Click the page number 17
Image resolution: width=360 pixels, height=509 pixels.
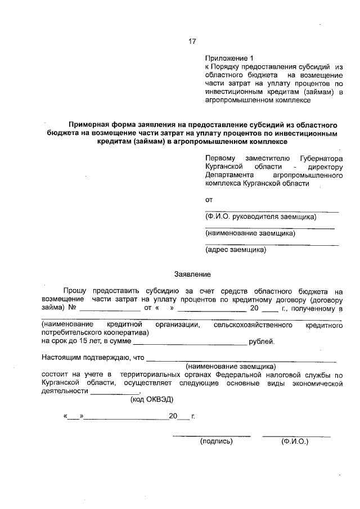[x=192, y=41]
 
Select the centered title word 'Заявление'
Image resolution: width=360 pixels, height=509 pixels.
[x=192, y=274]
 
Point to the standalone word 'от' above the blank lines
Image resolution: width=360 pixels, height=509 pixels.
[x=209, y=200]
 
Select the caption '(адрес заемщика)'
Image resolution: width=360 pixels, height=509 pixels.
[x=236, y=249]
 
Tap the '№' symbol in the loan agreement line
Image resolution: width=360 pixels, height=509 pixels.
[x=72, y=308]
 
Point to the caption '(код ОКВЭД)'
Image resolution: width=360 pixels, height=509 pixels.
[x=152, y=399]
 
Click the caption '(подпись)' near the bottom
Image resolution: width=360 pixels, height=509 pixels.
[x=217, y=442]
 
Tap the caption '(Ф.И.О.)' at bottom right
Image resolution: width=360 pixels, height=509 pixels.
[x=295, y=442]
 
